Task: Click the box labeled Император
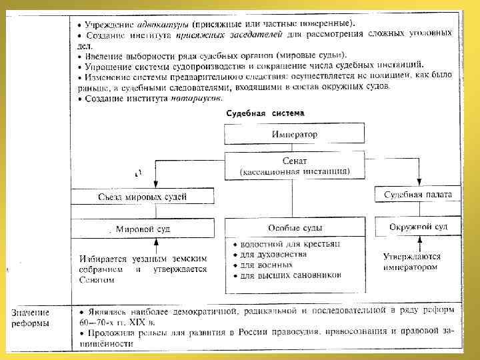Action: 294,134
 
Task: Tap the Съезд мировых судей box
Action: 143,196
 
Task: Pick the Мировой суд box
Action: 143,229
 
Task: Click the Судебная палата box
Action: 418,195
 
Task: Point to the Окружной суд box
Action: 418,227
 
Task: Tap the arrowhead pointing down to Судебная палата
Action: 419,182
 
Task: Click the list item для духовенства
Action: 273,255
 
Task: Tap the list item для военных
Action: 266,265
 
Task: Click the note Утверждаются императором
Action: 411,261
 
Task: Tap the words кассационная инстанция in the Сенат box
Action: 294,171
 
